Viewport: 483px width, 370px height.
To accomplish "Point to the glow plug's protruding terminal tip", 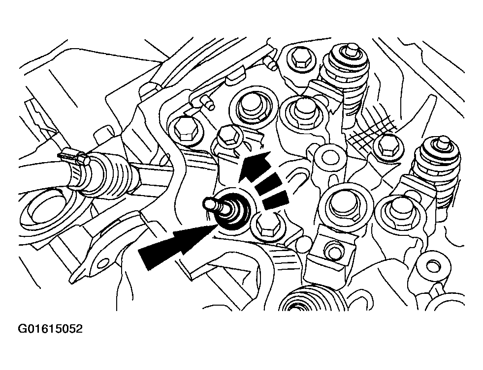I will [x=210, y=203].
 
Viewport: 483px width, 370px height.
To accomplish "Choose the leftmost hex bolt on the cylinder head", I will [x=183, y=129].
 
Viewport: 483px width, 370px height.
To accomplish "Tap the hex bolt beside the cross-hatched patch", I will [x=386, y=143].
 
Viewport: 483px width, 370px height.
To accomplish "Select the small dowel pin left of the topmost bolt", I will [x=269, y=62].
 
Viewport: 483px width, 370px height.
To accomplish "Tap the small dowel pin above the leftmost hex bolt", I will [x=207, y=103].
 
